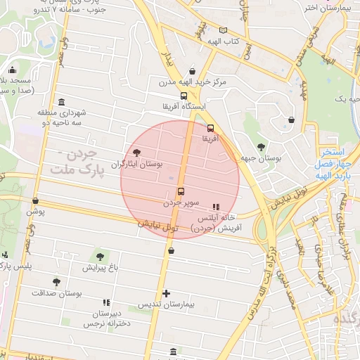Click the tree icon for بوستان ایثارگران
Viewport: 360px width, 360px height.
click(x=136, y=153)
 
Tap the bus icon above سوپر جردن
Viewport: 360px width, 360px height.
click(x=181, y=191)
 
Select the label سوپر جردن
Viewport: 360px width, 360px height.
click(x=182, y=202)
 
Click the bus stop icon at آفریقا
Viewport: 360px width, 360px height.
click(x=211, y=128)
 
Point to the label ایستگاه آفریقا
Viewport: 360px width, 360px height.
click(x=184, y=107)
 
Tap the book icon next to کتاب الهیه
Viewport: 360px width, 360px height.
click(x=224, y=30)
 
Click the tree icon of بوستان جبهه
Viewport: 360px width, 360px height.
click(x=262, y=147)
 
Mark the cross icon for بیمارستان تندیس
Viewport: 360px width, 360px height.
click(x=166, y=293)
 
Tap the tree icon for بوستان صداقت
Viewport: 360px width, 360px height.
click(x=56, y=281)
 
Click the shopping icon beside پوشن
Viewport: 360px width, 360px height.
click(x=35, y=200)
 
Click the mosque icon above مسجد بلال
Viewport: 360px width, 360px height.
click(x=12, y=70)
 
